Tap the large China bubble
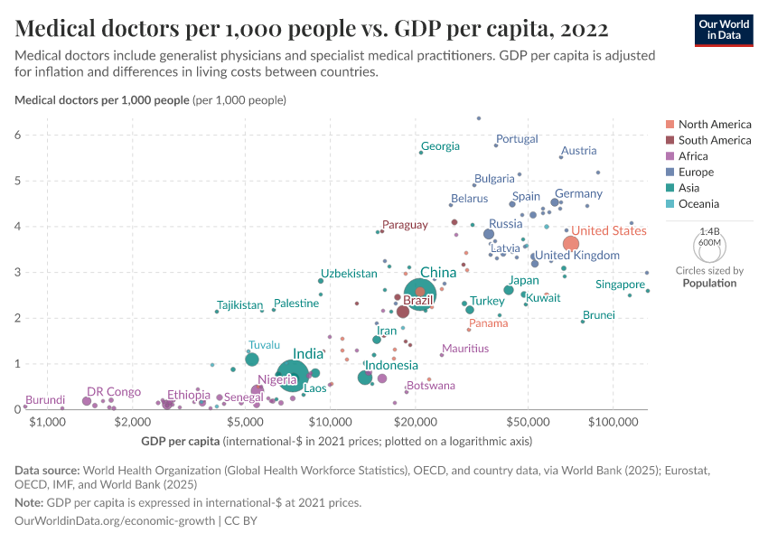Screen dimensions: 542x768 (419, 294)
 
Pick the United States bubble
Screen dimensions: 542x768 (571, 244)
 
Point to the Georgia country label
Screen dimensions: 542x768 (440, 146)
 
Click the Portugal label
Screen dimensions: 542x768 (517, 139)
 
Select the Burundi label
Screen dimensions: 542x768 (44, 400)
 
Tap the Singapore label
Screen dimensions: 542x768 (620, 285)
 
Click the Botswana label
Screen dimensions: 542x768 (430, 386)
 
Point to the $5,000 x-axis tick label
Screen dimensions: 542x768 (245, 422)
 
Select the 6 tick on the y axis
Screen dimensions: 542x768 (17, 135)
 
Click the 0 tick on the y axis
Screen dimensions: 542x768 (17, 410)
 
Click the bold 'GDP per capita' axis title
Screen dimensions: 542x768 (181, 442)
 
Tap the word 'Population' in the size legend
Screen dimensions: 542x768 (709, 283)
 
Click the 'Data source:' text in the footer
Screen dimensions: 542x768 (46, 471)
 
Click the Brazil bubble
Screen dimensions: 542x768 (403, 312)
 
